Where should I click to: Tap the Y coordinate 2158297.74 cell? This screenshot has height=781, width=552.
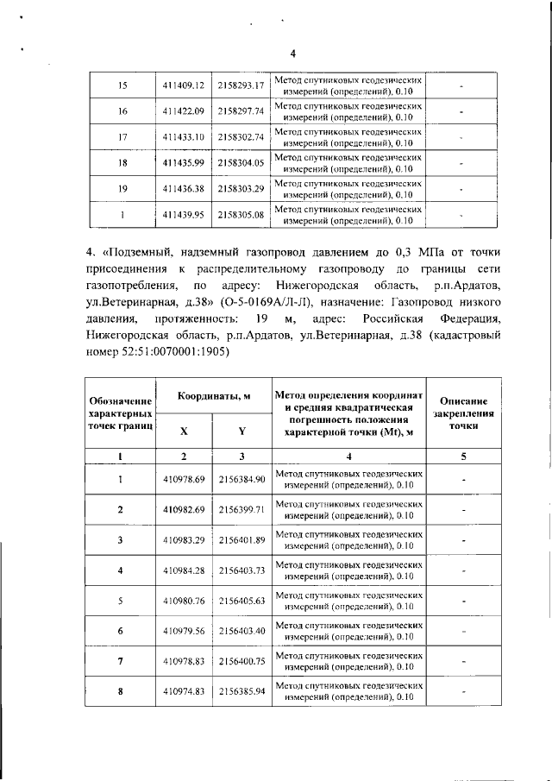[x=241, y=111]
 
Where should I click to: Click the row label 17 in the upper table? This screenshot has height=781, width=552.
[x=122, y=137]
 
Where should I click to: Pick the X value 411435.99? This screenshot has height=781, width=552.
[x=183, y=163]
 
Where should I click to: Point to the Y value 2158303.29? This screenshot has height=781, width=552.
[x=241, y=189]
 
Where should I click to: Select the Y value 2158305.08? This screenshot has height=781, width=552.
[x=241, y=215]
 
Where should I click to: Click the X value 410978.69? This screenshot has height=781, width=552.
[x=183, y=479]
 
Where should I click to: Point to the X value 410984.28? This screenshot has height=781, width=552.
[x=183, y=570]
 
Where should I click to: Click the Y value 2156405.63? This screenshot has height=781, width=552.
[x=241, y=601]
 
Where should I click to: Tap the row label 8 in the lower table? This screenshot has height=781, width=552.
[x=121, y=691]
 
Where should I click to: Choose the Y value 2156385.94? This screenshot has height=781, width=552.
[x=241, y=691]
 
